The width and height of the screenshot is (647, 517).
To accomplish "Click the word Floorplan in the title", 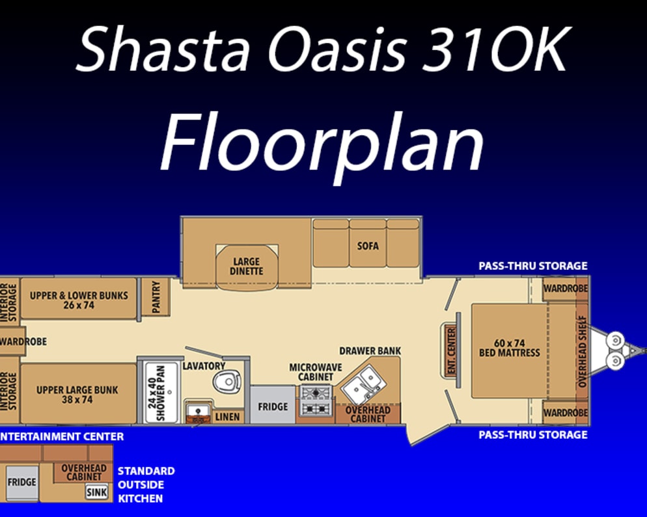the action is click(322, 142).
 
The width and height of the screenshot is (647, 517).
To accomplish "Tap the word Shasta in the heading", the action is click(163, 49).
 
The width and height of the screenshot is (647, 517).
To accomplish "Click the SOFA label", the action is click(368, 246).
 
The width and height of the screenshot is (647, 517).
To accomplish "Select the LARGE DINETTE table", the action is click(247, 267).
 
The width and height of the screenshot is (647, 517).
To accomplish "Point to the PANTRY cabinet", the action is click(156, 297).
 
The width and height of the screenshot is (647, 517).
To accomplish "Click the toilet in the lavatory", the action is click(227, 381).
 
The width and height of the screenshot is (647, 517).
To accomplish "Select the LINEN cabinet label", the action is click(227, 417).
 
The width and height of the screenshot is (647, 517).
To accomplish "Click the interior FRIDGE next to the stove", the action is click(273, 405).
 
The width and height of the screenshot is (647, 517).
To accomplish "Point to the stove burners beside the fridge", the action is click(317, 401).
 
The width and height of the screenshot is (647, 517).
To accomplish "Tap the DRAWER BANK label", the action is click(370, 351).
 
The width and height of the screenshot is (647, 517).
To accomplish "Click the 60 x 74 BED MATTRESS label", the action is click(510, 347).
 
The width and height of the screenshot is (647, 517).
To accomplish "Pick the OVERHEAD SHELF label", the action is click(582, 351).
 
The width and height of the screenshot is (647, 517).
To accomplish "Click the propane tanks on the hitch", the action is click(615, 351).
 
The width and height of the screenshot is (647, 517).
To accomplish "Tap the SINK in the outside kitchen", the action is click(96, 492).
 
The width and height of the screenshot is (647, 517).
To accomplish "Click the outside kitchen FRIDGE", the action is click(22, 483).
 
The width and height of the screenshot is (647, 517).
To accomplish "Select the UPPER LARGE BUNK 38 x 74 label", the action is click(77, 395).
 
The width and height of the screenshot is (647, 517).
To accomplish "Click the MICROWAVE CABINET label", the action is click(316, 372).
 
